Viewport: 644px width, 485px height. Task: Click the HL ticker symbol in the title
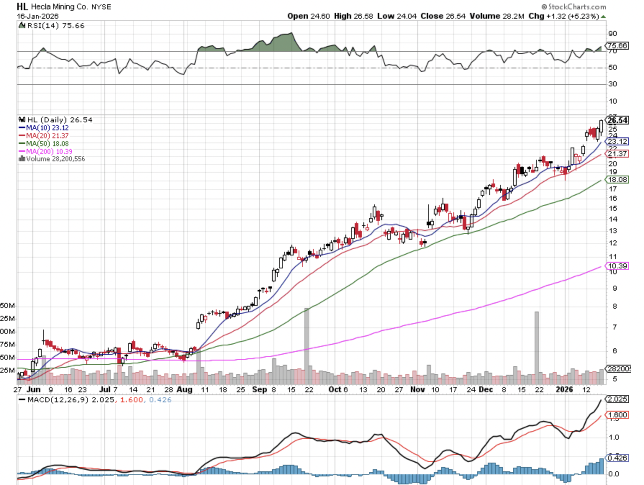pos(22,6)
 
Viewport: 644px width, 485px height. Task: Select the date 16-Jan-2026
pos(37,16)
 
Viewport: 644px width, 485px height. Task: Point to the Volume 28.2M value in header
pos(496,16)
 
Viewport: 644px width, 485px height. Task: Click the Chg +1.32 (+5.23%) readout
pos(563,16)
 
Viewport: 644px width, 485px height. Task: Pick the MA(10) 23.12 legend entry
pos(47,128)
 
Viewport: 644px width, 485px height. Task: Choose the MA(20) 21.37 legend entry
pos(47,136)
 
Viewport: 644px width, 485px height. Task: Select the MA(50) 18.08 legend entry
pos(47,144)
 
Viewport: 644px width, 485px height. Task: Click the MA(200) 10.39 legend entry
pos(49,151)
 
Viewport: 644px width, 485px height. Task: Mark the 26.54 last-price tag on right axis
pos(617,120)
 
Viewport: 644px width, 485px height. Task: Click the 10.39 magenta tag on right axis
pos(617,266)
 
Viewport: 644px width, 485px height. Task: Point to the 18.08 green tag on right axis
pos(617,180)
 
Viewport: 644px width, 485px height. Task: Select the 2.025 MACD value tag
pos(617,399)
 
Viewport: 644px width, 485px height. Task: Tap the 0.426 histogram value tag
pos(617,458)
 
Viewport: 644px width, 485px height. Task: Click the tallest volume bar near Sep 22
pos(307,345)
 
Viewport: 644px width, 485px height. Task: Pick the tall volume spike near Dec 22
pos(536,347)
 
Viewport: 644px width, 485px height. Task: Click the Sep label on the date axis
pos(259,390)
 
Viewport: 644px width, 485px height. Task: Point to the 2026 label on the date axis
pos(564,390)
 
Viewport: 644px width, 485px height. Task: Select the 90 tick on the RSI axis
pos(612,33)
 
